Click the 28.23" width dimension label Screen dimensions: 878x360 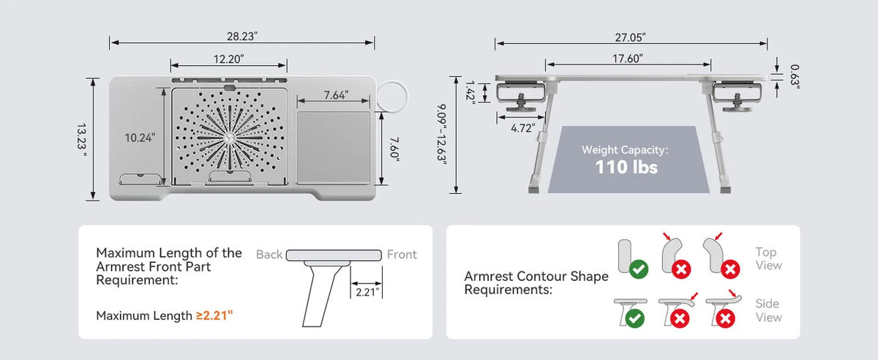242,37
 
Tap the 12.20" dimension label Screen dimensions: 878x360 228,59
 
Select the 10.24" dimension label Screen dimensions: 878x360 140,138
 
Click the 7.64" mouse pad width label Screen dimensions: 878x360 336,95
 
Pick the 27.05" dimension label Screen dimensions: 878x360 630,37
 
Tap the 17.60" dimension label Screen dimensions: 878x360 628,59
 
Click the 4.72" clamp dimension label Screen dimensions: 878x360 523,128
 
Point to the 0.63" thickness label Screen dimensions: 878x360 795,76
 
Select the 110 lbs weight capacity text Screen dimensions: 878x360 626,167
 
